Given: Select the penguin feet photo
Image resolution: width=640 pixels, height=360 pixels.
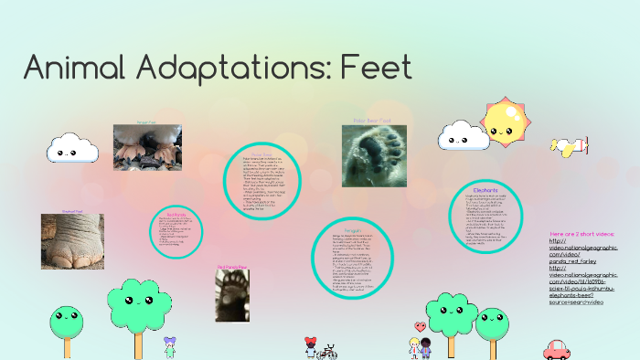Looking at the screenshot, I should click(147, 147).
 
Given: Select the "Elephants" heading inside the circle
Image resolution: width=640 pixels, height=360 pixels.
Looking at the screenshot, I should click(485, 190).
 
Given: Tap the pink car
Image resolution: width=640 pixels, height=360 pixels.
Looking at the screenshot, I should click(557, 348).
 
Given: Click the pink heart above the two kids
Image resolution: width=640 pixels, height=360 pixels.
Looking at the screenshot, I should click(420, 326).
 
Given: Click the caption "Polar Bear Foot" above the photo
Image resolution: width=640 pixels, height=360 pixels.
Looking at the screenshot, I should click(373, 119).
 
